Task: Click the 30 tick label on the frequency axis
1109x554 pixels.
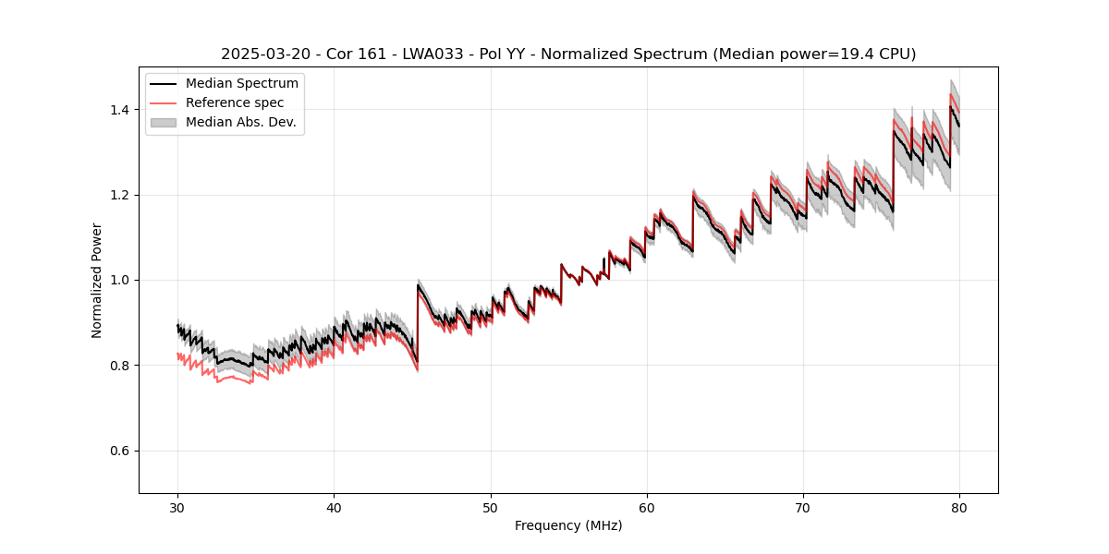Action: [177, 507]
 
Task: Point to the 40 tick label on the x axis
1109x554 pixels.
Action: [334, 507]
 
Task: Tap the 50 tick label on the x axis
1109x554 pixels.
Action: [491, 507]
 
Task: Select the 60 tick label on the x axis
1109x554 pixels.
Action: [647, 507]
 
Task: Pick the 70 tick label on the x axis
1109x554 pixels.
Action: [803, 507]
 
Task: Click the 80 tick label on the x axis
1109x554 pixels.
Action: [959, 507]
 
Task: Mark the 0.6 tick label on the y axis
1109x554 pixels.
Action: [121, 451]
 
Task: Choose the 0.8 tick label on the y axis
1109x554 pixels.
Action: [121, 366]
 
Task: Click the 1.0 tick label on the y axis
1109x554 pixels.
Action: [121, 280]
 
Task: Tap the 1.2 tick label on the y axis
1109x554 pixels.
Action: [121, 195]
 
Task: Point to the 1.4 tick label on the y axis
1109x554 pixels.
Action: [121, 110]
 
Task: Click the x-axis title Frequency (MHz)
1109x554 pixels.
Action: [568, 525]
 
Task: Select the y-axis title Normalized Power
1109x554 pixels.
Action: [97, 280]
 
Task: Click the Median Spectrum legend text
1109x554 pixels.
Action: [242, 84]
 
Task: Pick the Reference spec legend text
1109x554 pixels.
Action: [235, 102]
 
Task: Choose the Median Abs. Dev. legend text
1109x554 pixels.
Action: [241, 122]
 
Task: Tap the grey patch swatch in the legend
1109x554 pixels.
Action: [163, 122]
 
